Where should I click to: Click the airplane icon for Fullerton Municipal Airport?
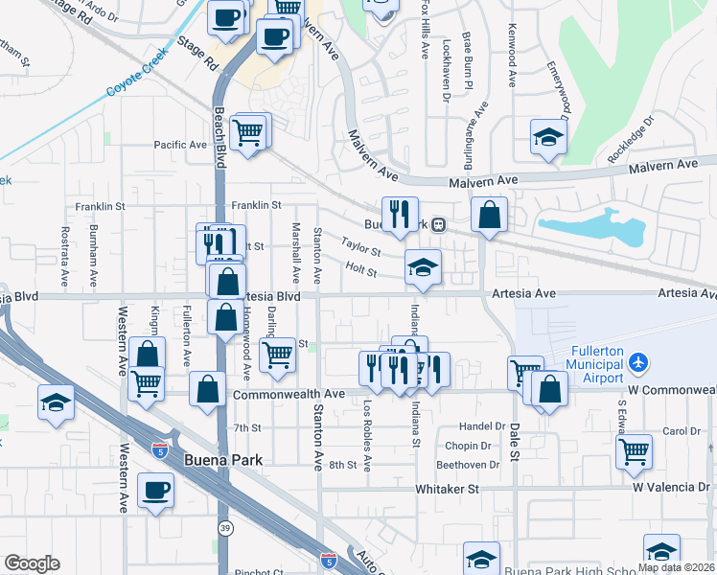pyautogui.click(x=639, y=362)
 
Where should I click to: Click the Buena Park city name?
pyautogui.click(x=222, y=460)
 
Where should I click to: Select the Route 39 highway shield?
pyautogui.click(x=224, y=528)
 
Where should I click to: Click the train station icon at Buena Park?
pyautogui.click(x=438, y=224)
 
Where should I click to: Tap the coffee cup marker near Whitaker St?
pyautogui.click(x=155, y=492)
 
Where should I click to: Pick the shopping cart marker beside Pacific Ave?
pyautogui.click(x=248, y=131)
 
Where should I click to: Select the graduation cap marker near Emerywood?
pyautogui.click(x=548, y=137)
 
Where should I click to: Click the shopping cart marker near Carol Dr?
pyautogui.click(x=635, y=451)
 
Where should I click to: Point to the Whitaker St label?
pyautogui.click(x=447, y=489)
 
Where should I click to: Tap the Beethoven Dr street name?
pyautogui.click(x=469, y=465)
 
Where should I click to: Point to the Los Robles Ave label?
pyautogui.click(x=367, y=443)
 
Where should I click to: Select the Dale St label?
pyautogui.click(x=514, y=444)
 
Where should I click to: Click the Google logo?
pyautogui.click(x=32, y=563)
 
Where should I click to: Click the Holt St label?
pyautogui.click(x=361, y=271)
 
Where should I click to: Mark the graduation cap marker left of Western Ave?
pyautogui.click(x=56, y=403)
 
